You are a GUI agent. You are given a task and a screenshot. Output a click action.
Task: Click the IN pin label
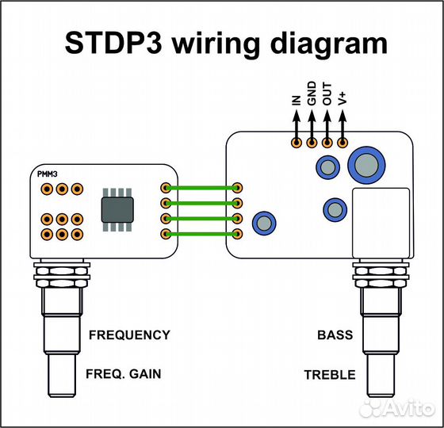296,100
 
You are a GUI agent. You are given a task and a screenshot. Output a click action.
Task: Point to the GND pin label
312,94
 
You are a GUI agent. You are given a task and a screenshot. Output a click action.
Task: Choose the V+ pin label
343,99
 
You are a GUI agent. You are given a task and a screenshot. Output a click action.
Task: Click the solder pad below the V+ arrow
343,143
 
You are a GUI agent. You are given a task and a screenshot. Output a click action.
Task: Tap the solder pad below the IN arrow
296,143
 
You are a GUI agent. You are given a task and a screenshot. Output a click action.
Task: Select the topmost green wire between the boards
201,188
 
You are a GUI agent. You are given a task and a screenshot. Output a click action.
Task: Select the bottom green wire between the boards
201,234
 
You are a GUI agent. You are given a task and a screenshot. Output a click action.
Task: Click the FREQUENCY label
128,334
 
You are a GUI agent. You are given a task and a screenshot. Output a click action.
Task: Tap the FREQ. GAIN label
124,374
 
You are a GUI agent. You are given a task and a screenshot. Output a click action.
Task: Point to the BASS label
335,334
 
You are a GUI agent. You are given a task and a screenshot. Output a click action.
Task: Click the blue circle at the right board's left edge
262,223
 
